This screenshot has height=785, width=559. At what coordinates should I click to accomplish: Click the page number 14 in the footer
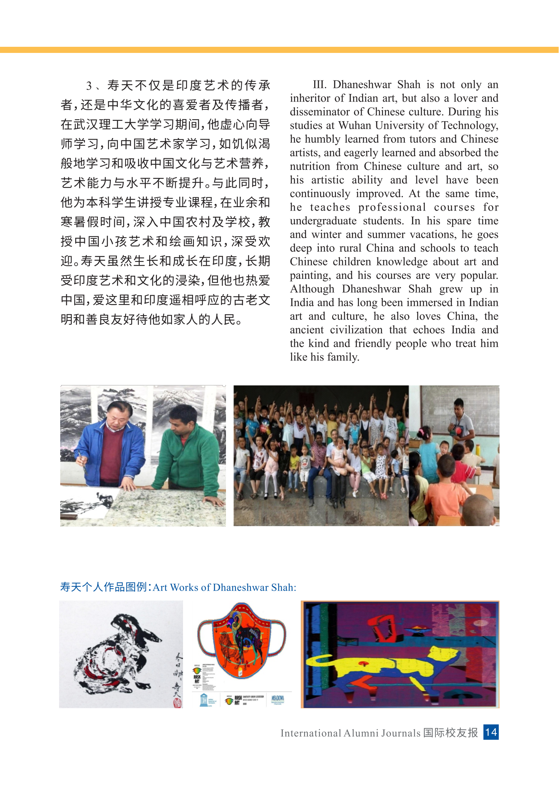[491, 732]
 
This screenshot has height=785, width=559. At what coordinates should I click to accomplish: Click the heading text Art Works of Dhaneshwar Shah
[224, 588]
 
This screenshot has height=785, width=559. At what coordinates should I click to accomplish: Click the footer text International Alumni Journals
[350, 733]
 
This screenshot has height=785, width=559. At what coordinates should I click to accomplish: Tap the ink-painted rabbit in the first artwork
[119, 652]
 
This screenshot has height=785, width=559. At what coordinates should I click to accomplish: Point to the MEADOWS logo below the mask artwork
[278, 698]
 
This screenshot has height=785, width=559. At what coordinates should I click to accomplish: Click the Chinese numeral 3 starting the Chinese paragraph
[89, 86]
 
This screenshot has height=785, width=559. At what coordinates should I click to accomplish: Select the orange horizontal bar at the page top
[279, 50]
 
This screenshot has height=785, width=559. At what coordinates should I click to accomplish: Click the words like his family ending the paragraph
[325, 357]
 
